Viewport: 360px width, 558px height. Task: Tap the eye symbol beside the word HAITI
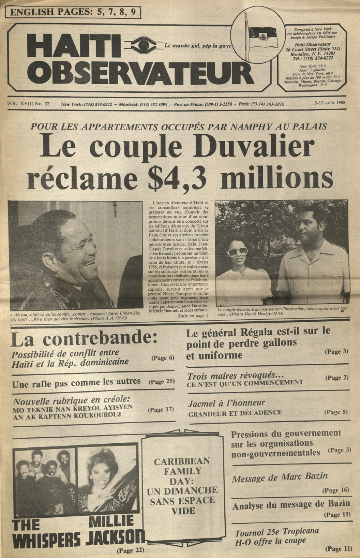(143, 45)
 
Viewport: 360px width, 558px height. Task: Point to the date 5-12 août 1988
(330, 103)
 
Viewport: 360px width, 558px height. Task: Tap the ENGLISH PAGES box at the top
(72, 12)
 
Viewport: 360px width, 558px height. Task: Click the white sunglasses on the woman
(237, 252)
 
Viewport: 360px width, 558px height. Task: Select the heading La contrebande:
(84, 339)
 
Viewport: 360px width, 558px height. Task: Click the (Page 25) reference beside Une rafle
(162, 381)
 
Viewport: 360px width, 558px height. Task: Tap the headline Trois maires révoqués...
(236, 376)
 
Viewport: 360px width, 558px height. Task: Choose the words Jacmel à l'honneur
(227, 403)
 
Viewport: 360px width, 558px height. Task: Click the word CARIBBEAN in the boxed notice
(182, 462)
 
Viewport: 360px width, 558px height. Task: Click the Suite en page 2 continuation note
(193, 316)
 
